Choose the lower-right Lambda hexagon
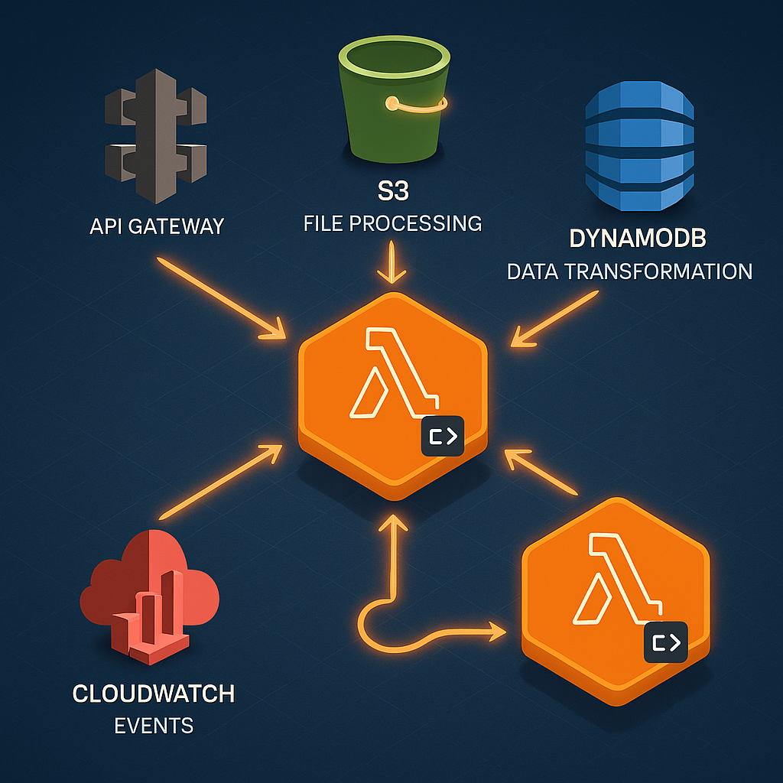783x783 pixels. [x=615, y=589]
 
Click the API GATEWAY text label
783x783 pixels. [x=156, y=226]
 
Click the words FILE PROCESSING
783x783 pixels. [x=393, y=223]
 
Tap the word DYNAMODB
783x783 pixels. [x=638, y=239]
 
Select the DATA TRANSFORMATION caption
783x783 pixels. [x=629, y=271]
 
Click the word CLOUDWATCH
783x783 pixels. [x=154, y=694]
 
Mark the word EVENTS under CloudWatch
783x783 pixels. [x=154, y=725]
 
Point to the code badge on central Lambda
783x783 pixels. [x=442, y=437]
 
